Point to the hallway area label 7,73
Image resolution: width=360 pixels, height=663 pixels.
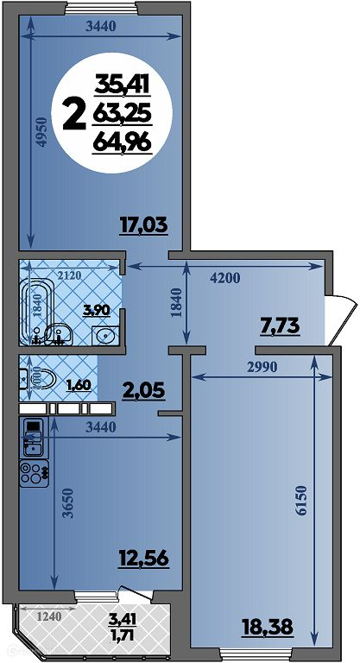click(279, 326)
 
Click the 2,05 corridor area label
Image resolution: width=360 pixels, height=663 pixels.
click(143, 391)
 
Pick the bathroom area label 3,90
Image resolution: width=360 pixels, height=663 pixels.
click(98, 310)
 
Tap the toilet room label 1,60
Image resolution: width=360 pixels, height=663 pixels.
click(78, 385)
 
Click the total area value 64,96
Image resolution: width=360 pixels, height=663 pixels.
click(123, 142)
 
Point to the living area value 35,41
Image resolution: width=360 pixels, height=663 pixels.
click(123, 84)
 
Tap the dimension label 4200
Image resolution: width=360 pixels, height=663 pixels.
click(224, 278)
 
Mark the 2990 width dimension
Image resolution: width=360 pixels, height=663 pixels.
click(262, 367)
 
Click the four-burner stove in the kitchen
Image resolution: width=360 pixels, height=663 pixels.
click(35, 473)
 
